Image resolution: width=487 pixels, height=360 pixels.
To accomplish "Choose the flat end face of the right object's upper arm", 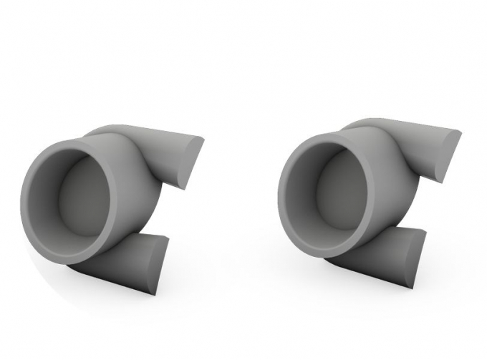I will (x=448, y=154).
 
